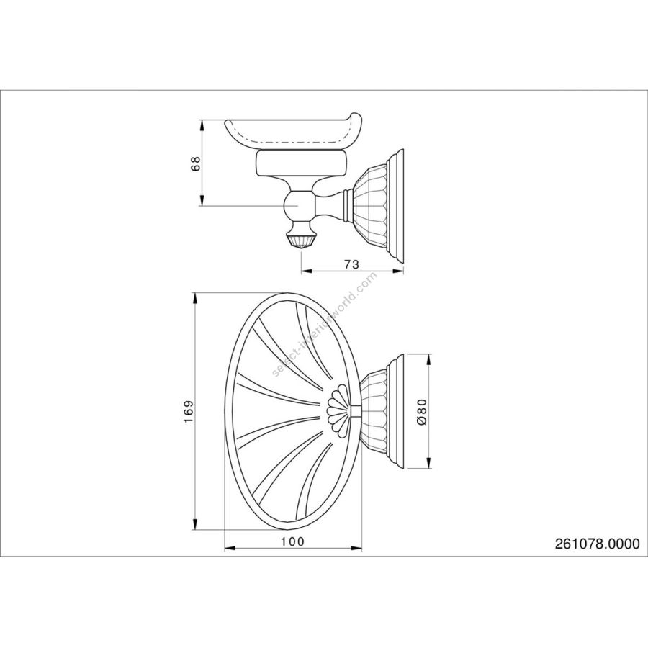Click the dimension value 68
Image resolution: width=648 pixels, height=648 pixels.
click(197, 163)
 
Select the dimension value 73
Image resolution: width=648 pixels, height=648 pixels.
click(351, 264)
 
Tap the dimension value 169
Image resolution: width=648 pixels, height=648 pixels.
click(189, 411)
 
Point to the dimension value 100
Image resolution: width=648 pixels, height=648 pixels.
click(292, 541)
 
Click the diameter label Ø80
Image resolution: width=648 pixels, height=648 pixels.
click(421, 411)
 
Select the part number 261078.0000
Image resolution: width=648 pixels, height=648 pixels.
click(597, 544)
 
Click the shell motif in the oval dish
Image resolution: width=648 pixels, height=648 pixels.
click(338, 405)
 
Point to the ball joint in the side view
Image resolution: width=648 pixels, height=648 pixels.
click(297, 204)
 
